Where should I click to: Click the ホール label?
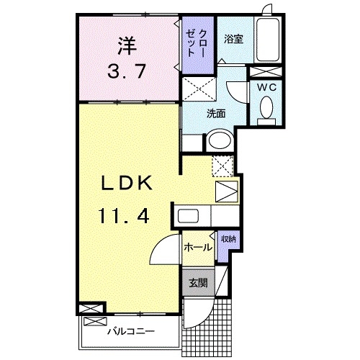tap(197, 247)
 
